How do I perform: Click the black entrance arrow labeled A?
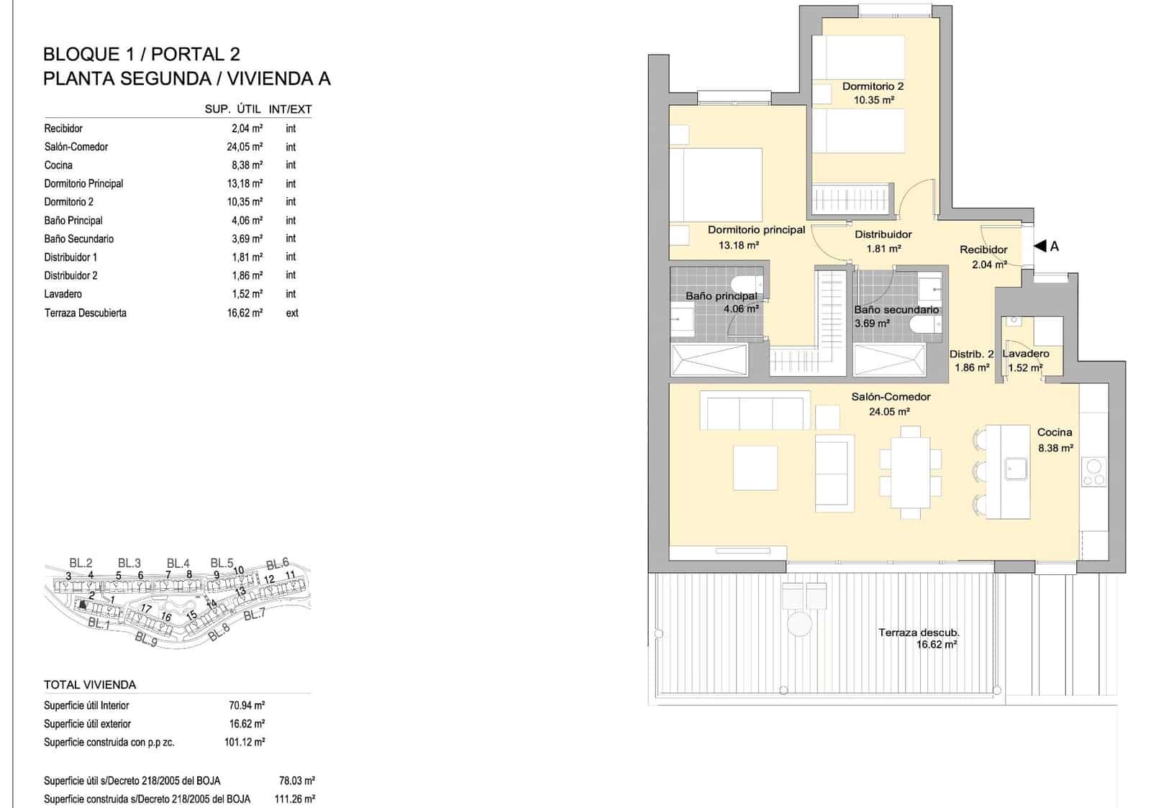tap(1039, 246)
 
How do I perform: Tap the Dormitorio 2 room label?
tap(873, 86)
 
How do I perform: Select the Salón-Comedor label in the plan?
tap(891, 397)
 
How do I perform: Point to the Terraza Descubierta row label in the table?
tap(85, 313)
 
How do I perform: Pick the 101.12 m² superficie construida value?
tap(245, 742)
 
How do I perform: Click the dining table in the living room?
tap(910, 471)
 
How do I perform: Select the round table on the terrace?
tap(799, 623)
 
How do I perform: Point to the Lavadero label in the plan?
tap(1026, 354)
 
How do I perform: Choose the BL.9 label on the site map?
tap(146, 638)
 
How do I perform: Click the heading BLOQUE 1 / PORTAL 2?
tap(142, 54)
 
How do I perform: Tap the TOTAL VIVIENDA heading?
tap(90, 684)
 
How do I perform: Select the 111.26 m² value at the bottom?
tap(295, 799)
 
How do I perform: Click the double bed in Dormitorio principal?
tap(716, 185)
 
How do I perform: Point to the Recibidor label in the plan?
tap(983, 249)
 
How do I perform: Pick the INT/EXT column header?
tap(290, 109)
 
